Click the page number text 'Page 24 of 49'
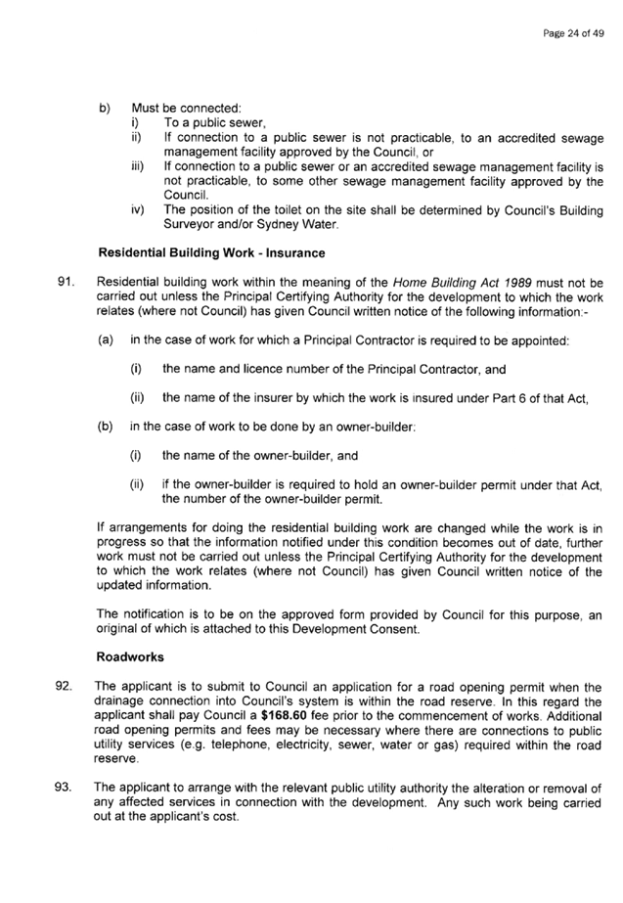573,33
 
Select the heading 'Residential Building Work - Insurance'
211,252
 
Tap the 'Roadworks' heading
130,657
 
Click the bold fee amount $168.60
283,716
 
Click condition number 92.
64,687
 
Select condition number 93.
63,788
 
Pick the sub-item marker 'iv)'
138,209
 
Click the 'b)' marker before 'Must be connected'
105,109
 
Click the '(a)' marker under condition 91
106,340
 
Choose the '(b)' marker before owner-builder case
105,428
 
